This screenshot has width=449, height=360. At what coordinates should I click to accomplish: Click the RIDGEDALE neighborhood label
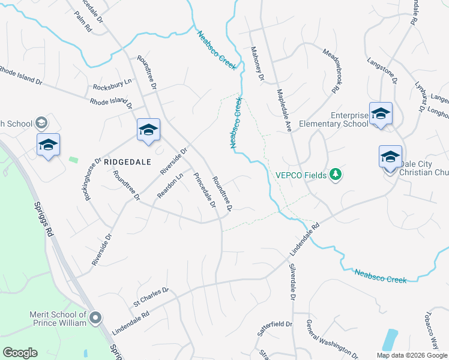coord(125,161)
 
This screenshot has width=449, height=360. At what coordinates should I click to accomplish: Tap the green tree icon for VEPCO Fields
coord(336,175)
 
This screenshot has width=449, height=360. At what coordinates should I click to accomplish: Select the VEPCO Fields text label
coord(301,175)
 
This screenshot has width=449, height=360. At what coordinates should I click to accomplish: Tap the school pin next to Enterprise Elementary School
coord(381,114)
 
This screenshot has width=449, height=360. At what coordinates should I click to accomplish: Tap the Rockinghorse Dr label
coord(93,179)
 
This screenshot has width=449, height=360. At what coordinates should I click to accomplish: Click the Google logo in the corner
coord(20,353)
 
